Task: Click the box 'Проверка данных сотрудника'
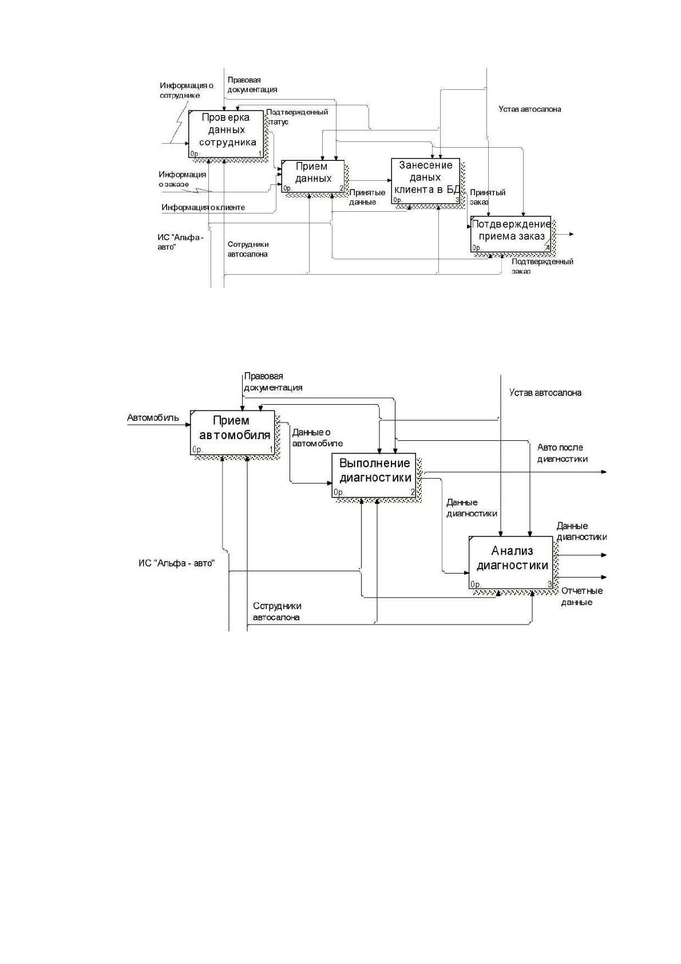pos(225,135)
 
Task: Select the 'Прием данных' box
pos(313,176)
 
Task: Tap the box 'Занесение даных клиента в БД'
pos(425,181)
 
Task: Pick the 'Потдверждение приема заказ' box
pos(510,234)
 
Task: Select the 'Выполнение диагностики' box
pos(374,475)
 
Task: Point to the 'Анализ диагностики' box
pos(510,563)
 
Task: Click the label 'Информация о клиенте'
pos(203,207)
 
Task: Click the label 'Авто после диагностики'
pos(562,453)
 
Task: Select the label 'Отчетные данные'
pos(581,596)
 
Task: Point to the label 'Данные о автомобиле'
pos(318,438)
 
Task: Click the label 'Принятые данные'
pos(367,197)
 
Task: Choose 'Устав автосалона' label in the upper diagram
pos(529,109)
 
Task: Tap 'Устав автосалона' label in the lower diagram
pos(545,393)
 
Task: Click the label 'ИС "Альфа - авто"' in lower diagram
pos(176,563)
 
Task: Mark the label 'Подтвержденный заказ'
pos(542,266)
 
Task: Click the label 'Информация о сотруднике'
pos(187,90)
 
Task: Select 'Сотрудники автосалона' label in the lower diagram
pos(276,611)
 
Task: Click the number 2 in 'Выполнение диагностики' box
pos(413,492)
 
